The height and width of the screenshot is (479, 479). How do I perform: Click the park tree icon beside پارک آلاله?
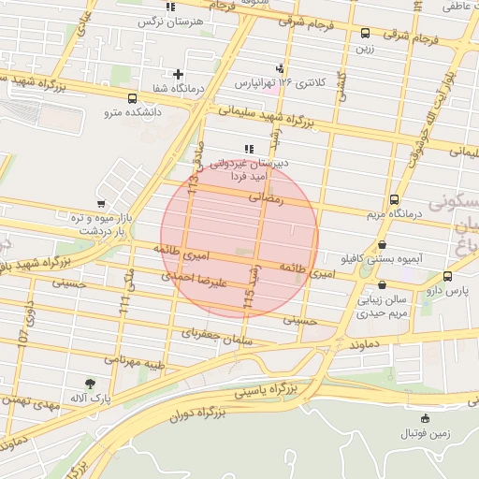[90, 383]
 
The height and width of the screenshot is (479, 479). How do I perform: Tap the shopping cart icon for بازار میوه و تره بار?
[101, 204]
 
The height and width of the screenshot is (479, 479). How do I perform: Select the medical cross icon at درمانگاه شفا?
[178, 73]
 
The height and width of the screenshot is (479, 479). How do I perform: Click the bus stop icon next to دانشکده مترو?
[131, 98]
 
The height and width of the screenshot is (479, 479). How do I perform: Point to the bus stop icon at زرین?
[364, 34]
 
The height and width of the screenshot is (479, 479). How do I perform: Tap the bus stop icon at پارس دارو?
[447, 276]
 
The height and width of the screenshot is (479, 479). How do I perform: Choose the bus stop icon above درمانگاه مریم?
[393, 199]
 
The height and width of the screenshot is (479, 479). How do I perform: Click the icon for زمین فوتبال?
[426, 418]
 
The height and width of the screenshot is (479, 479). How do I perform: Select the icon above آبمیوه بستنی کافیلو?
[381, 245]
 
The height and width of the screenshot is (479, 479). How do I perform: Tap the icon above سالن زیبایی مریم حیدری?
[381, 286]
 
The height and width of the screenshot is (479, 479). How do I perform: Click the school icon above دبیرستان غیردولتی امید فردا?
[248, 149]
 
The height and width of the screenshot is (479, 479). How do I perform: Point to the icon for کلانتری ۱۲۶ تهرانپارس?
[280, 68]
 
